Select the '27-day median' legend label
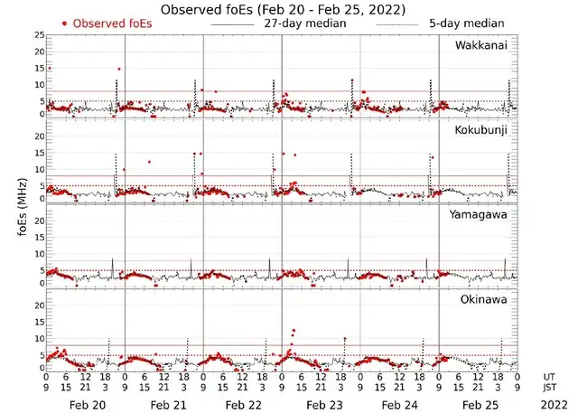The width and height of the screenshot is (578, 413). point(305,23)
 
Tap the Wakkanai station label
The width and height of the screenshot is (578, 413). point(480,45)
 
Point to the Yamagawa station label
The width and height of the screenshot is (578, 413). point(480,214)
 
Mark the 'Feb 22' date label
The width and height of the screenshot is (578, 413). point(243,396)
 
